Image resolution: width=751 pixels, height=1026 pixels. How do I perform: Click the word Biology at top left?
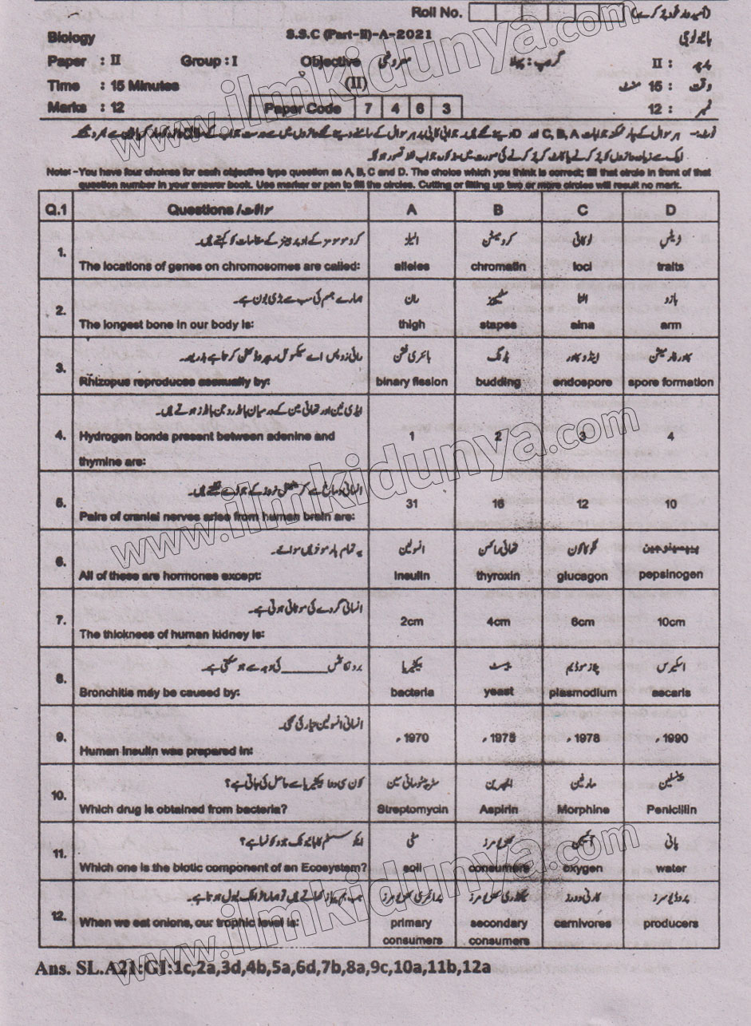coord(71,37)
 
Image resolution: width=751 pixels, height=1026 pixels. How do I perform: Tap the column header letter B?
coord(498,210)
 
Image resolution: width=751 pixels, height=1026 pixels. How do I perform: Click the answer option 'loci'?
coord(582,267)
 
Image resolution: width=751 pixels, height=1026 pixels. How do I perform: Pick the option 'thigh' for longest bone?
coord(411,325)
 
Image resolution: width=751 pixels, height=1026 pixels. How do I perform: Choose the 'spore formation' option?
coord(670,382)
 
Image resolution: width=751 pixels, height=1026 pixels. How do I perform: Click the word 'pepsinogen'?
coord(670,574)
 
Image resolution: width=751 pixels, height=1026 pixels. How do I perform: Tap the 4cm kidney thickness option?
coord(498,622)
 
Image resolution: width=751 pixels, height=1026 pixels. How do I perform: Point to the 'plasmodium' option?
coord(582,693)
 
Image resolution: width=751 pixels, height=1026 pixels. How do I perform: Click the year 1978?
coord(582,739)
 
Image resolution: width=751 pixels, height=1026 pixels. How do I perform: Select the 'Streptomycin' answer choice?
coord(411,809)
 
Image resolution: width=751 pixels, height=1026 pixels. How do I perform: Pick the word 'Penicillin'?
coord(670,809)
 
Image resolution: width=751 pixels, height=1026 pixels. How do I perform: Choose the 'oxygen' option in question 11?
coord(582,868)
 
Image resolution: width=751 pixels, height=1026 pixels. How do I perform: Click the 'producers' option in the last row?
coord(670,924)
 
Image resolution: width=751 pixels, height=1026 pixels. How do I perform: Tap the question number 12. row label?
coord(58,917)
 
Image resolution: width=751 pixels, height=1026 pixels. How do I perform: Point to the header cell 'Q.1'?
coord(57,210)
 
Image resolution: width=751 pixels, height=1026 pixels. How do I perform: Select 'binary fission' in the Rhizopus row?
coord(411,382)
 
